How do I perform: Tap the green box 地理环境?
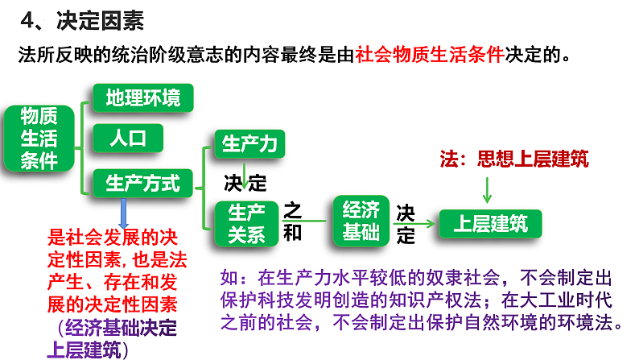(x=143, y=98)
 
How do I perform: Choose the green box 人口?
(x=126, y=139)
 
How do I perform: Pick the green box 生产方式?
(x=142, y=183)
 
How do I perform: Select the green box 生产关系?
(x=246, y=222)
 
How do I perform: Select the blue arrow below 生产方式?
(x=123, y=213)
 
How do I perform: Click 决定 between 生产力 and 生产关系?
(x=245, y=183)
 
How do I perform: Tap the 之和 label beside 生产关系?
(x=293, y=221)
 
